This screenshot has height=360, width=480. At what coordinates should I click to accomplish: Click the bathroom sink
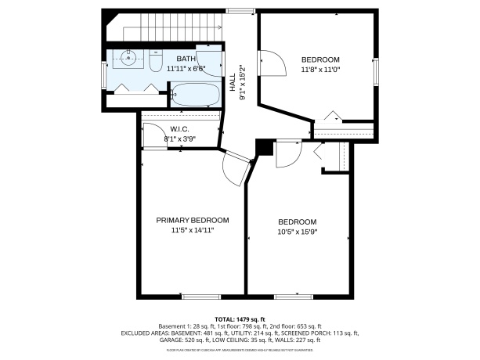[128, 57]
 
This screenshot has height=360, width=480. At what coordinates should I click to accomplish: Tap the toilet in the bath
[155, 61]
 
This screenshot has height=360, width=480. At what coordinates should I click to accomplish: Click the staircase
[169, 28]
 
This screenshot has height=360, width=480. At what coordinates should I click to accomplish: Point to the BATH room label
[186, 59]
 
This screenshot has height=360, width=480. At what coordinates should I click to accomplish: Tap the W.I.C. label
[179, 129]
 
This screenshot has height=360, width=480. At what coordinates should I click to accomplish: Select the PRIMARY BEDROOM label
[192, 220]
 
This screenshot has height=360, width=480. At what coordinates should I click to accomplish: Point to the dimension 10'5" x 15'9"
[297, 232]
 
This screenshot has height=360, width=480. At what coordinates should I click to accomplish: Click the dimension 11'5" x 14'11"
[192, 230]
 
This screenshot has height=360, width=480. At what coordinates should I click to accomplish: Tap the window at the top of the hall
[240, 10]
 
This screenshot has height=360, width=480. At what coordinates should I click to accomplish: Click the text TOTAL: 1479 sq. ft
[240, 319]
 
